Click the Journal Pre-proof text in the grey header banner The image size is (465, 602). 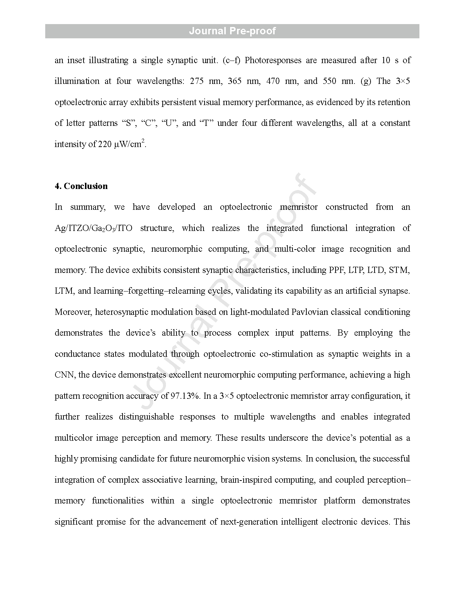tap(232, 31)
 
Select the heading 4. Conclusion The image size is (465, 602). tap(81, 186)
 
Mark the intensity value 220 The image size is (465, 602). tap(105, 144)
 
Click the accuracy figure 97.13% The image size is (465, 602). tap(185, 396)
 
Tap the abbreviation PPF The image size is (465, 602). tap(336, 270)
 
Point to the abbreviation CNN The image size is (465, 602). tap(65, 375)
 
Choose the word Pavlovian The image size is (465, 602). tap(310, 312)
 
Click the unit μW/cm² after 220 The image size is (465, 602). tap(130, 144)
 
